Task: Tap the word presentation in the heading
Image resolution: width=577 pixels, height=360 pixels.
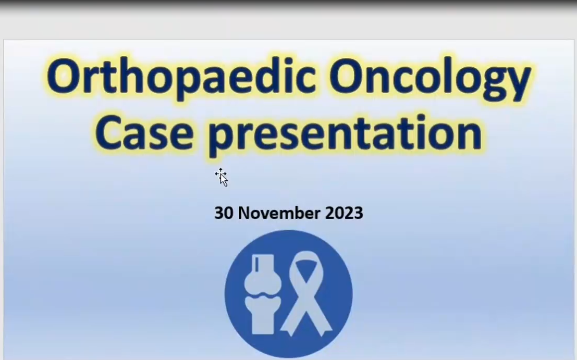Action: click(345, 134)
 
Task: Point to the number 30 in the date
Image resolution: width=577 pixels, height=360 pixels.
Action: click(224, 213)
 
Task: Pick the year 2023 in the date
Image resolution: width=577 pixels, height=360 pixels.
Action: click(344, 213)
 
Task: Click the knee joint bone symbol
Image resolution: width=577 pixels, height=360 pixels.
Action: click(263, 294)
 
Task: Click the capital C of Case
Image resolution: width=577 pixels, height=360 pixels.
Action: click(108, 133)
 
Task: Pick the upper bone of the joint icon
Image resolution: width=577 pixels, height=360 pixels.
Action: click(263, 274)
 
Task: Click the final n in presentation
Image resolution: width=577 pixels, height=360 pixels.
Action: click(469, 136)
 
